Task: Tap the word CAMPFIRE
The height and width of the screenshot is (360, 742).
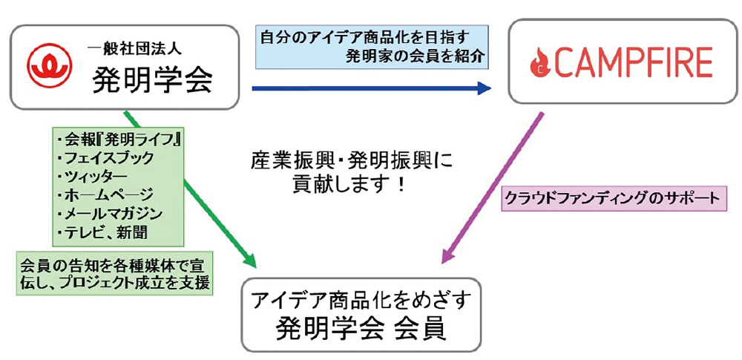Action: click(x=631, y=62)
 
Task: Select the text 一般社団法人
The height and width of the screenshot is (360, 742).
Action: click(x=134, y=49)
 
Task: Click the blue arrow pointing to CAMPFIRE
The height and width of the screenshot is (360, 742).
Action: click(x=371, y=89)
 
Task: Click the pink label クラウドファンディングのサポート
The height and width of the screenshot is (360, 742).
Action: click(x=611, y=199)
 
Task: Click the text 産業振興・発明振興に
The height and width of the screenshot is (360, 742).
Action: click(x=352, y=160)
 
